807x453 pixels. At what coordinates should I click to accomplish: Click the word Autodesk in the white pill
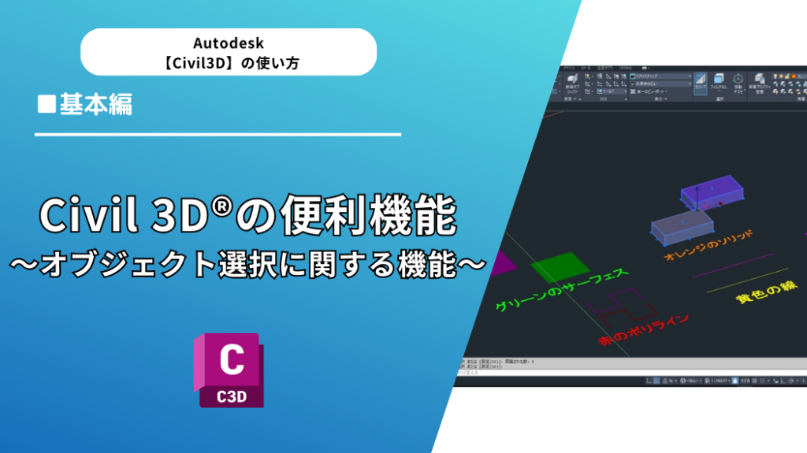228,43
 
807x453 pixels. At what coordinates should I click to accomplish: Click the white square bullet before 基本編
46,104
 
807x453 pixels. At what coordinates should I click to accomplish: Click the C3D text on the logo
231,394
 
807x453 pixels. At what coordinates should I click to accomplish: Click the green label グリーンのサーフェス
560,291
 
